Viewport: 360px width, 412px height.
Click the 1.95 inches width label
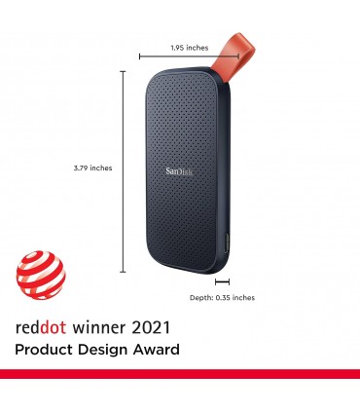[x=190, y=48]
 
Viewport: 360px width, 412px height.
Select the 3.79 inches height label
[x=92, y=168]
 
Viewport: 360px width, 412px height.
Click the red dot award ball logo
[x=42, y=274]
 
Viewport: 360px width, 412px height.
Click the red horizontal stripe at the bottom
[x=180, y=374]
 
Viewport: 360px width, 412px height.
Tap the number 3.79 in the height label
[x=81, y=168]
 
